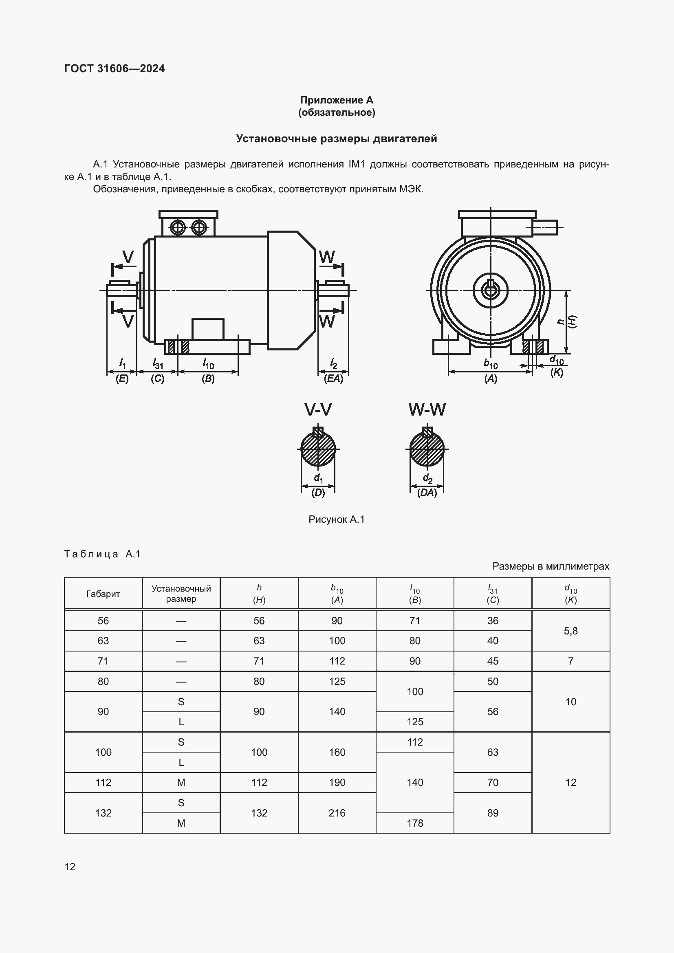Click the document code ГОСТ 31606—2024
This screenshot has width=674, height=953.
[114, 68]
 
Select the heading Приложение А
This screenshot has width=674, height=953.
[336, 100]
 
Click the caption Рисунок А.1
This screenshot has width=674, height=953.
[336, 519]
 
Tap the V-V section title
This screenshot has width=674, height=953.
[318, 409]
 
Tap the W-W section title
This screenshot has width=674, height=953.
[427, 409]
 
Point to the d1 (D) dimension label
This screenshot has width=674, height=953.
[318, 485]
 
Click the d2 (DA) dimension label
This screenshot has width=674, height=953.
[427, 485]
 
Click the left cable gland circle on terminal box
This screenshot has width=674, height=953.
[178, 227]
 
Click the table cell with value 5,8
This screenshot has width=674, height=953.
[570, 631]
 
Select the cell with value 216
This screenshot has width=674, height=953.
[337, 813]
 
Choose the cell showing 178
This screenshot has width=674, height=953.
[414, 823]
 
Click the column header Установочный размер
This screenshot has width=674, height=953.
[181, 594]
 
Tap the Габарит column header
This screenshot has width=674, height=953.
[103, 594]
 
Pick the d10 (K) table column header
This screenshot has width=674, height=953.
[570, 594]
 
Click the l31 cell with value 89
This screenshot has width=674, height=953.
[493, 813]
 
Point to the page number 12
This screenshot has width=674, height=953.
[70, 867]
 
